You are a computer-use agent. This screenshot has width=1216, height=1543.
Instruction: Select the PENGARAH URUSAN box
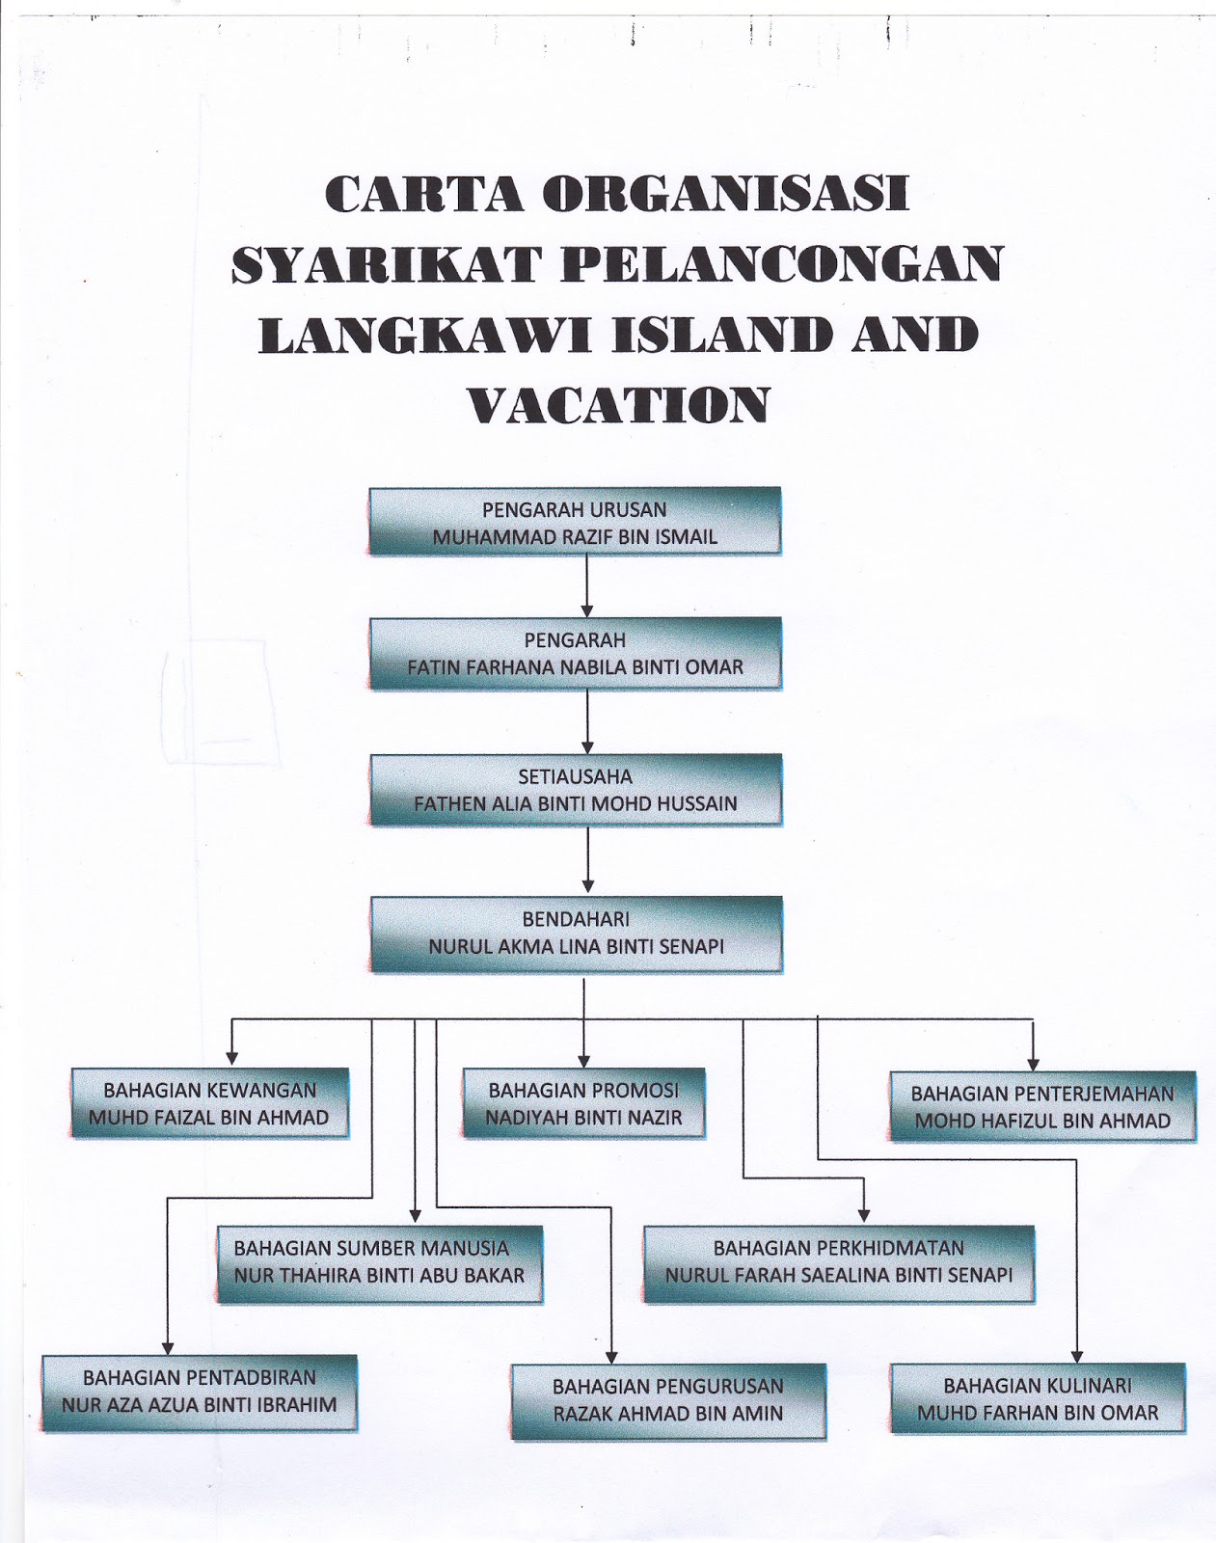point(575,522)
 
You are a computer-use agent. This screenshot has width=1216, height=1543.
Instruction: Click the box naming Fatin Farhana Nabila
point(575,654)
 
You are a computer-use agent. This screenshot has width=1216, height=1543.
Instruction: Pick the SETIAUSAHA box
point(576,790)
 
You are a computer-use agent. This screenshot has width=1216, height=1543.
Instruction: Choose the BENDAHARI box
point(576,934)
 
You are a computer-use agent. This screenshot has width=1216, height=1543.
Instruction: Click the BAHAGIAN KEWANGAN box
point(209,1104)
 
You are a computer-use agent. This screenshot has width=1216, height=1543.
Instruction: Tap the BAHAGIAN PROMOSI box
point(583,1104)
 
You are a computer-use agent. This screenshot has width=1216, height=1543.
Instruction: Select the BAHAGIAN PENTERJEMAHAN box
point(1042,1107)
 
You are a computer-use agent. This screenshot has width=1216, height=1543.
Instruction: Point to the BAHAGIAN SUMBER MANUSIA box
point(379,1262)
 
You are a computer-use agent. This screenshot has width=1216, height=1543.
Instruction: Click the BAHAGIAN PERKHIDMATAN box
point(838,1262)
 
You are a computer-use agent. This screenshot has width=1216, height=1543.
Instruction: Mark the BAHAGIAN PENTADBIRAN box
point(200,1392)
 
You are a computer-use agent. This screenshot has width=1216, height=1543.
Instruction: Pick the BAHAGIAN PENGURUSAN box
point(667,1400)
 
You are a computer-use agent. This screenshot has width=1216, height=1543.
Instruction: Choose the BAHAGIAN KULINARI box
point(1038,1399)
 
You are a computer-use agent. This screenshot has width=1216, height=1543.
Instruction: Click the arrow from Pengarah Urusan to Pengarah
point(587,585)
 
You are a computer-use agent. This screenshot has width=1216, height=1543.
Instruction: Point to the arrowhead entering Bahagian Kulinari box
point(1078,1355)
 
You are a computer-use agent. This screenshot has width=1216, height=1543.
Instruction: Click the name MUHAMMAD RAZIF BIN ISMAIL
point(575,537)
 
